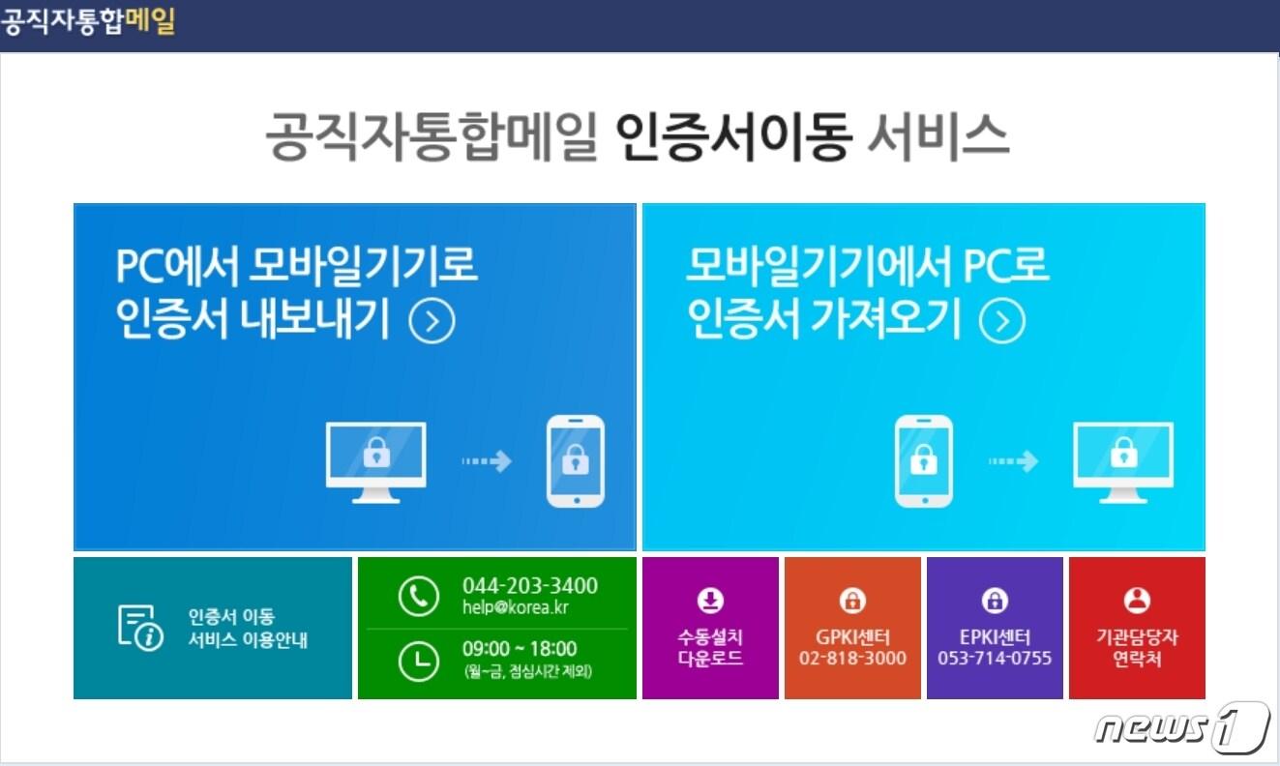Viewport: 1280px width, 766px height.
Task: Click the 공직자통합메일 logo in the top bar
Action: (x=88, y=21)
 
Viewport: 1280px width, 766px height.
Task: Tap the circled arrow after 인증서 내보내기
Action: (x=432, y=322)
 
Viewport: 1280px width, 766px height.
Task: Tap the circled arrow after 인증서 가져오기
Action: (x=1002, y=322)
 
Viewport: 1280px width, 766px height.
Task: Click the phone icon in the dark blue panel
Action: (x=576, y=461)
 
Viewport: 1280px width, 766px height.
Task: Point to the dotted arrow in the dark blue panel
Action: (x=486, y=461)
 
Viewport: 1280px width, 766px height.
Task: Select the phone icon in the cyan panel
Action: (x=923, y=461)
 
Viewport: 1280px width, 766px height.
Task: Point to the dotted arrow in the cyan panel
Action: (x=1013, y=461)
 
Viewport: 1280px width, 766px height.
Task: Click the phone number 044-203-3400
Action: (x=529, y=586)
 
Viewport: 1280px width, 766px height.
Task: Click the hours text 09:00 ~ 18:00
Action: (x=519, y=649)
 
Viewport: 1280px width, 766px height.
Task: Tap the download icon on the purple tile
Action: (x=710, y=601)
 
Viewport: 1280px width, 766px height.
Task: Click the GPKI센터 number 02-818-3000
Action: (x=852, y=659)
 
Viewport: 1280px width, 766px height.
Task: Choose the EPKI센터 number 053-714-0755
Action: (x=994, y=659)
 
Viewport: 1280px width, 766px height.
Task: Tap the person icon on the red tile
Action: (x=1137, y=601)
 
